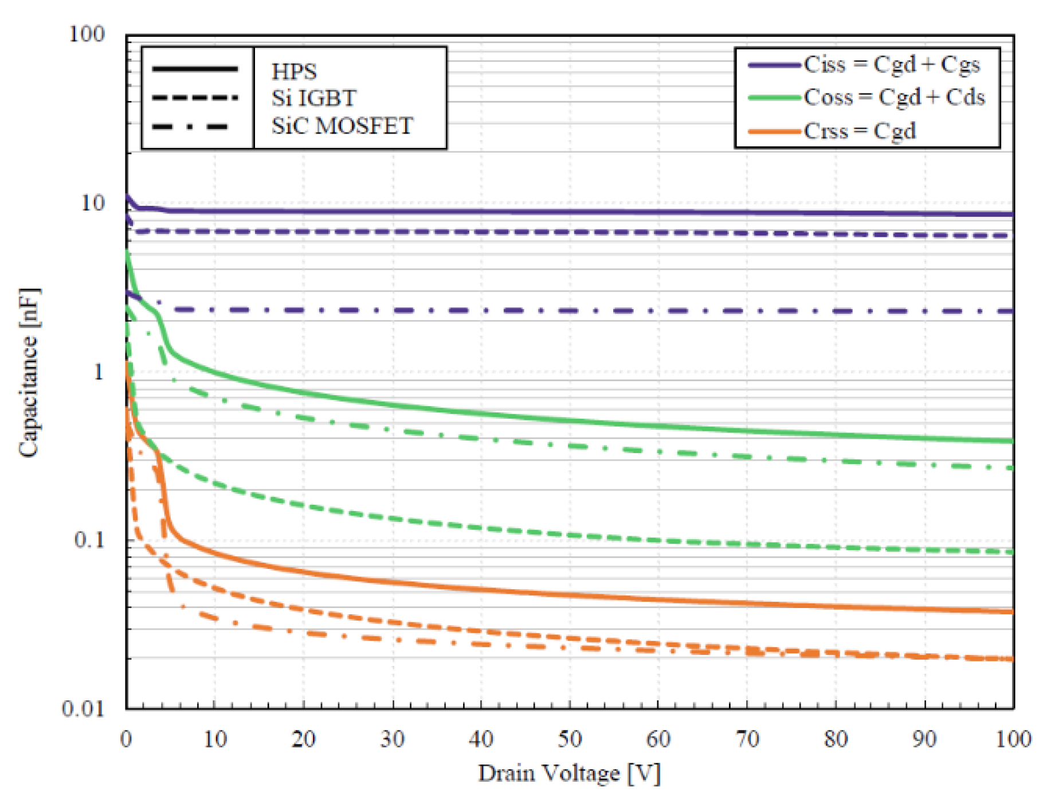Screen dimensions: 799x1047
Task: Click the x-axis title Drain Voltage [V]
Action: coord(569,773)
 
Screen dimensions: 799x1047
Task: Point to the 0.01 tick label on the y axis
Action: coord(84,709)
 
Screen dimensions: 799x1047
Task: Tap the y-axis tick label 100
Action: coord(87,34)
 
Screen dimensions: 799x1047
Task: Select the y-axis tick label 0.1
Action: coord(89,540)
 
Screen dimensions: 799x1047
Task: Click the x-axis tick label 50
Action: coord(570,739)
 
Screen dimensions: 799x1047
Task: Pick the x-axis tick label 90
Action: coord(924,739)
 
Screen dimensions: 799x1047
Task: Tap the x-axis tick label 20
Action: coord(303,739)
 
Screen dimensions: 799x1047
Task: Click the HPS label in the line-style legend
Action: coord(294,72)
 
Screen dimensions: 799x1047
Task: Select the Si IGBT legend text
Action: coord(313,98)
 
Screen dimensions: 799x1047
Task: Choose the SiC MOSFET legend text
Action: coord(342,126)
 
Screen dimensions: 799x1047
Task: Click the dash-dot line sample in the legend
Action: coord(194,126)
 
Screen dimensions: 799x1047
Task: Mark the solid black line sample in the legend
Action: coord(195,69)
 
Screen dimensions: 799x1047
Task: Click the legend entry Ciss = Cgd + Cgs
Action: coord(891,64)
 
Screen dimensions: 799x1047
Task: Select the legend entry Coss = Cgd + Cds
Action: coord(894,98)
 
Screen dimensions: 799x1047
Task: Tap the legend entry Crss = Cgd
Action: coord(860,131)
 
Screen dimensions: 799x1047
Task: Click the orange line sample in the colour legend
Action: coord(774,131)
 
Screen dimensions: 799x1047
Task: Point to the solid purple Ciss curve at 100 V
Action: coord(1011,215)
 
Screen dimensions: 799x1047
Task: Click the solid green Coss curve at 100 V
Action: coord(1011,441)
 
